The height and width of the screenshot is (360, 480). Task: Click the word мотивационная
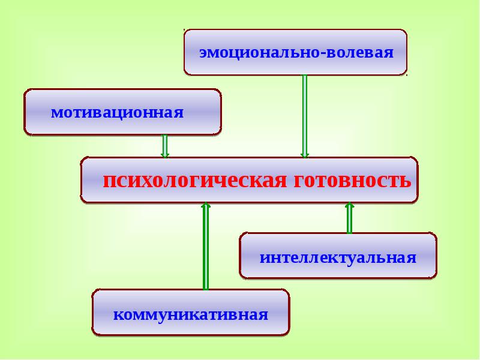[x=117, y=113]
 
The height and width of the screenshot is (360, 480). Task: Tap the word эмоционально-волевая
[x=296, y=53]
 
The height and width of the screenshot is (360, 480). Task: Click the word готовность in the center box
[x=352, y=181]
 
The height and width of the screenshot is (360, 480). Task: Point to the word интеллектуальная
[x=338, y=258]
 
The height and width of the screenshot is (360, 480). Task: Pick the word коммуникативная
[x=191, y=314]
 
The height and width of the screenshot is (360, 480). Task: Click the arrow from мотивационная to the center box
[x=165, y=146]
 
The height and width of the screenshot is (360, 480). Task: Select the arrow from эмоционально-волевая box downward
[x=305, y=114]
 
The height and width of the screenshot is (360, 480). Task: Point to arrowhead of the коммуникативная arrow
[x=206, y=206]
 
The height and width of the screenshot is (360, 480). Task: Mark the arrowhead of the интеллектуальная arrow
[x=349, y=206]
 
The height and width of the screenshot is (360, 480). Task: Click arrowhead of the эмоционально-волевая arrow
[x=305, y=155]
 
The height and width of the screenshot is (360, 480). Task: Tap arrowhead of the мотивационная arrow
[x=165, y=155]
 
